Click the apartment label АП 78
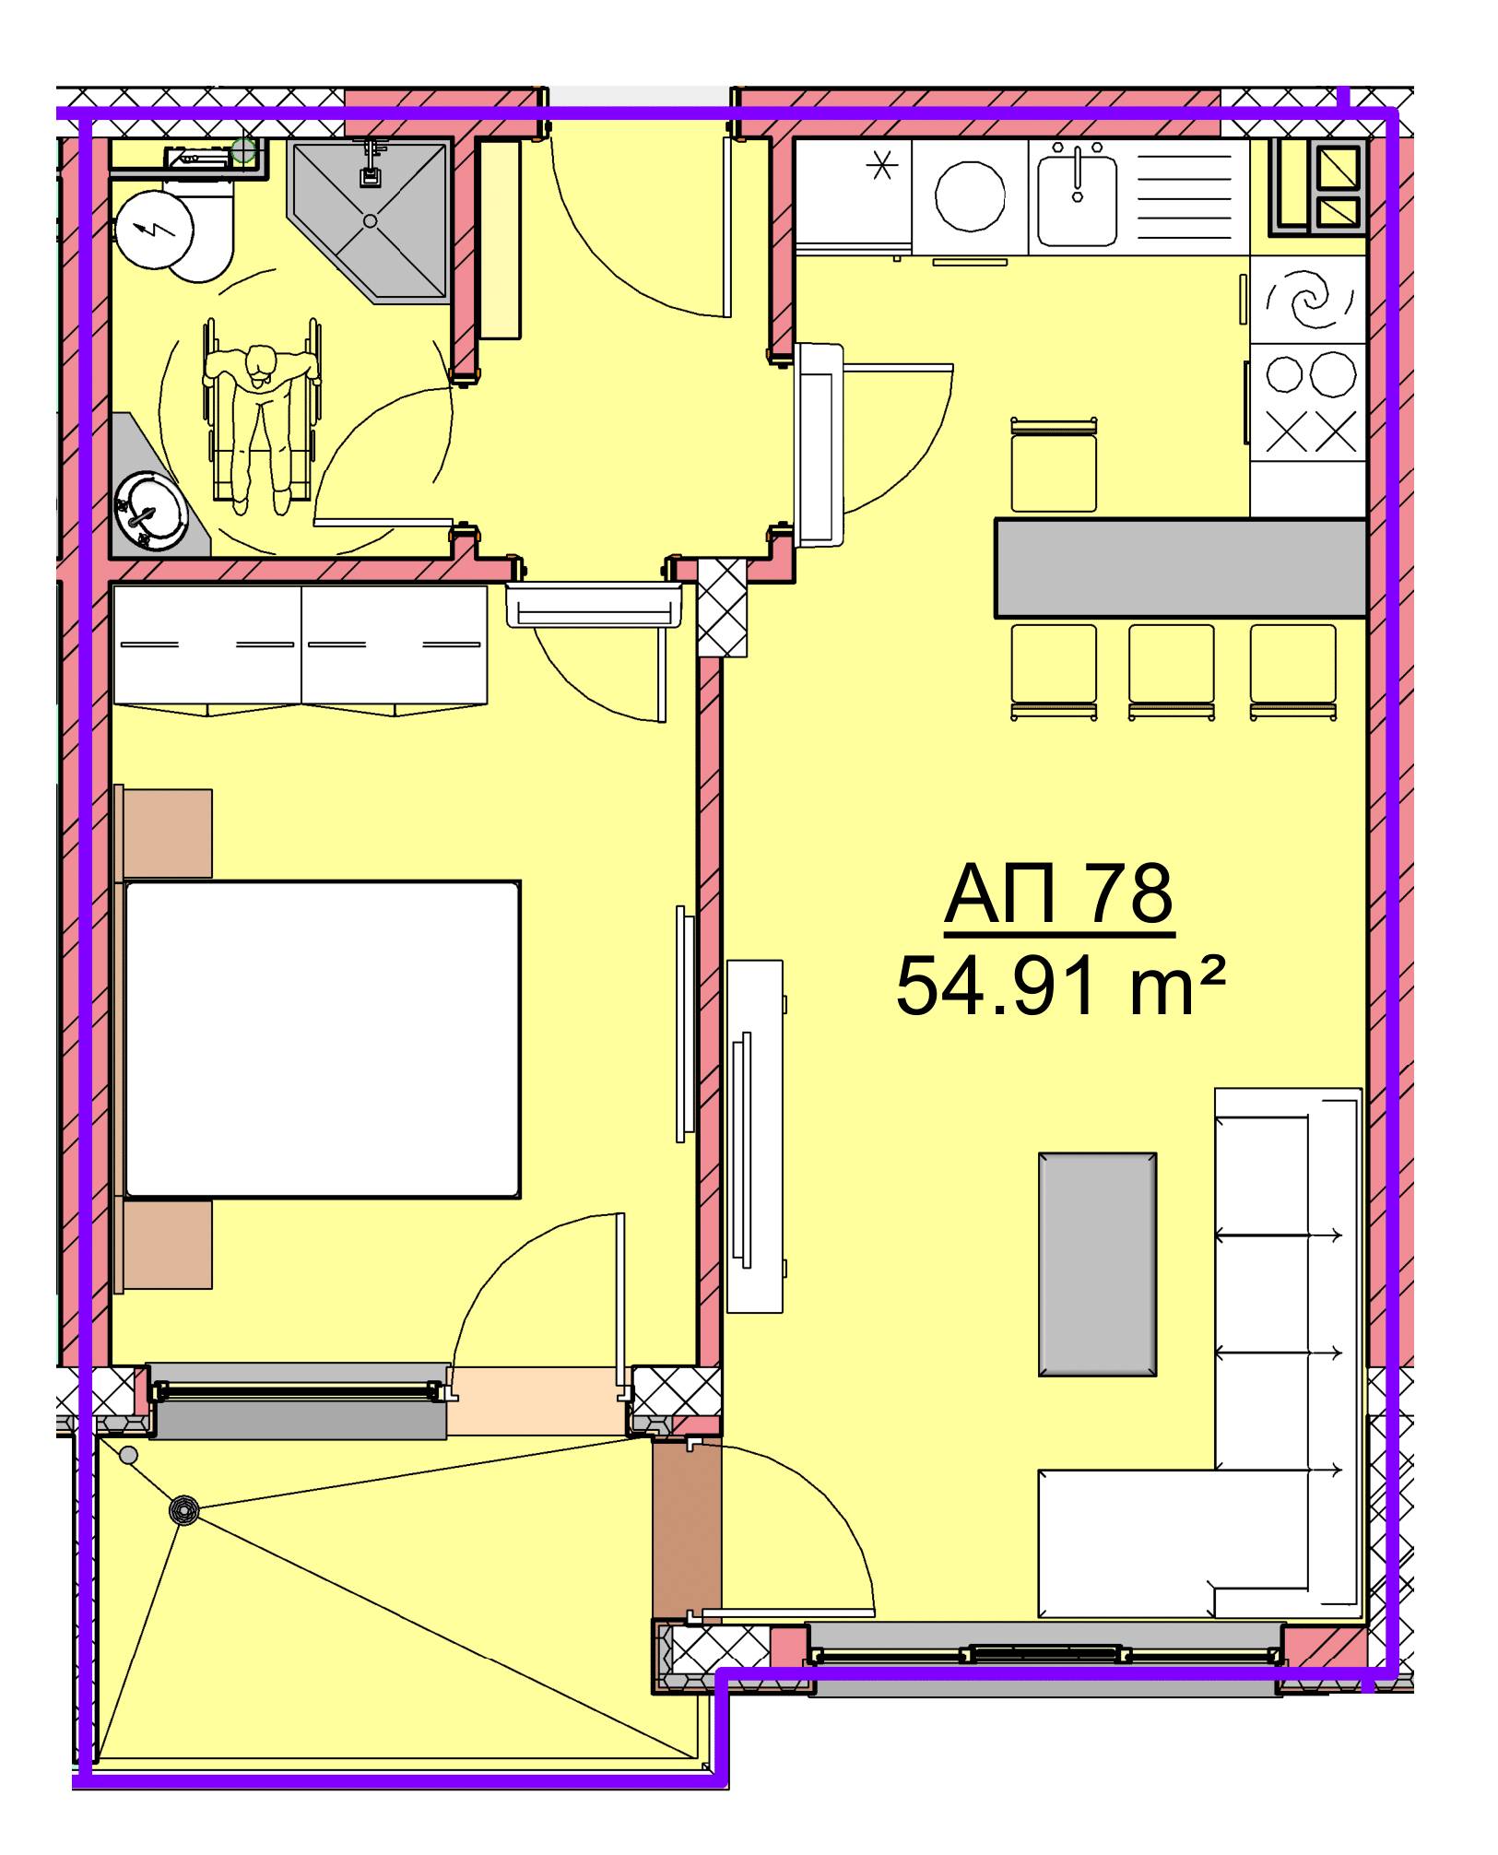[1058, 893]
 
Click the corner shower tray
[371, 220]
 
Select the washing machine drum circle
[970, 196]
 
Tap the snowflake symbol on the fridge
[882, 167]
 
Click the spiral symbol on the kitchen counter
[1308, 299]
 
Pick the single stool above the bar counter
[1054, 466]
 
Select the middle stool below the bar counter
[1171, 671]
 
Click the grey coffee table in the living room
[1097, 1264]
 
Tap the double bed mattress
[322, 1039]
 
